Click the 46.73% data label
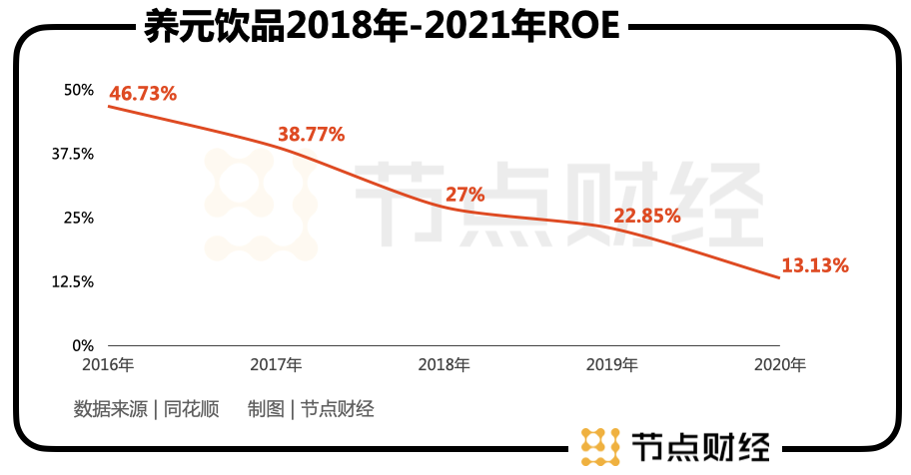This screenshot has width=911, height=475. pos(143,94)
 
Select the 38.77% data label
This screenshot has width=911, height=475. pos(310,133)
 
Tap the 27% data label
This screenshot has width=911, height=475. pos(464,195)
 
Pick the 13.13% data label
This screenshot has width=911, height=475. pos(814,265)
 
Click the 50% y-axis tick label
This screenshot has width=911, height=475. pos(78,90)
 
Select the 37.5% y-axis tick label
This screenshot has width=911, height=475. pos(73,154)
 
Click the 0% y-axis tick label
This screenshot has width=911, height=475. pos(82,345)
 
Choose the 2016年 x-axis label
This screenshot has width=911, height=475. pos(109,365)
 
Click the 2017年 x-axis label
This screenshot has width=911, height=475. pos(277,365)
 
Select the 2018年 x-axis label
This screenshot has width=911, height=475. pos(445,365)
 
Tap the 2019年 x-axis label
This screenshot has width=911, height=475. pos(612,365)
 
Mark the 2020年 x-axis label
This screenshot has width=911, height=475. pos(780,365)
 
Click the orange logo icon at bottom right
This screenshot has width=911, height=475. pos(598,446)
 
